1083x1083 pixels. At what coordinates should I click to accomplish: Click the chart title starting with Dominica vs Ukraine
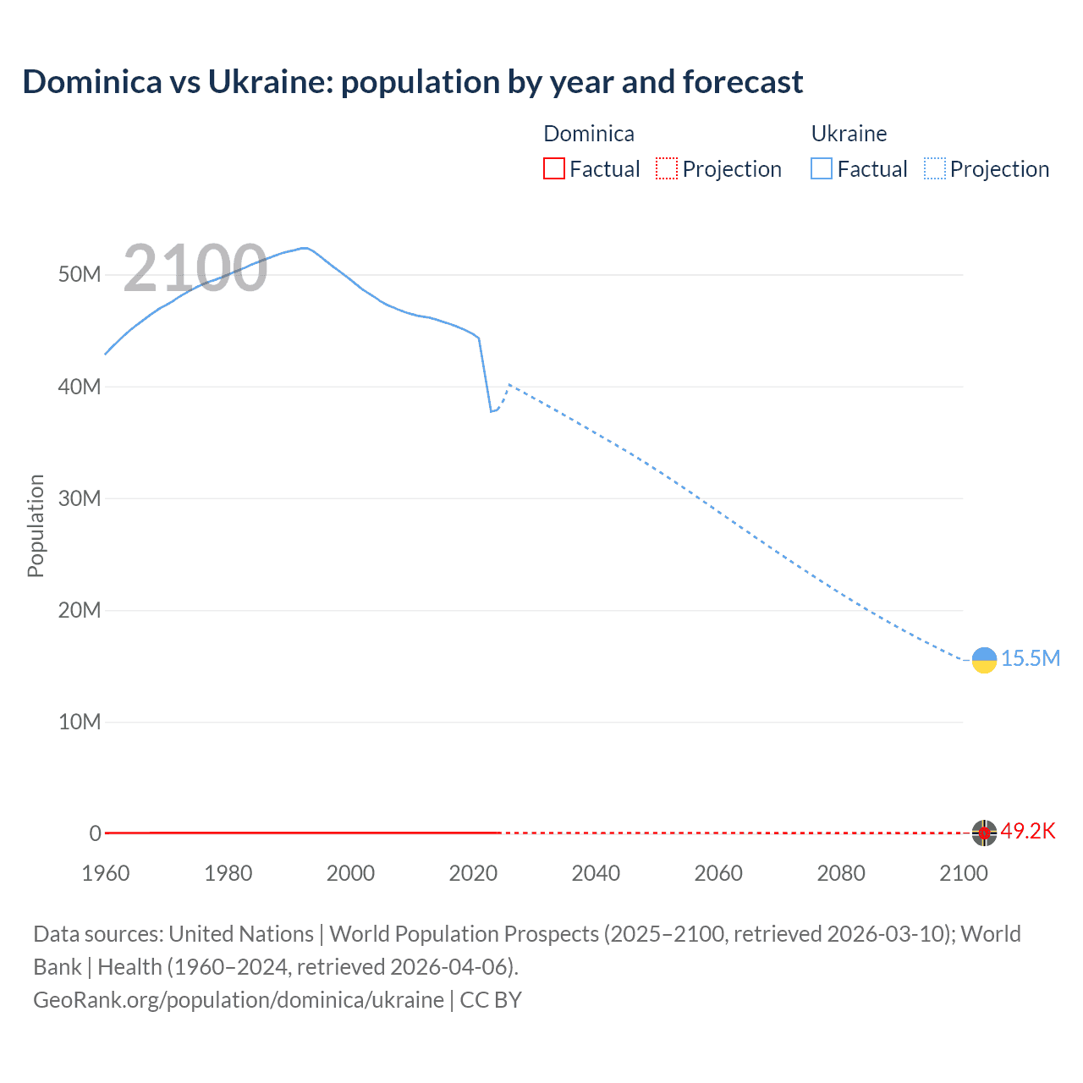point(412,82)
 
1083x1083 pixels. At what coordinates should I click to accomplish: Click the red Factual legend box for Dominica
point(553,168)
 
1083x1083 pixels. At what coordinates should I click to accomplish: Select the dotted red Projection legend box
point(667,168)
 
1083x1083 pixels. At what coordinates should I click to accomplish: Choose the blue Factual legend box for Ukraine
point(822,168)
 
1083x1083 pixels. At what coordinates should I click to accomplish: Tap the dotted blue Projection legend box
point(935,168)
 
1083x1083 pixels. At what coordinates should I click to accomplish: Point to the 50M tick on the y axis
point(80,275)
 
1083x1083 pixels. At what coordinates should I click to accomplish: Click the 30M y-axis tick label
point(80,498)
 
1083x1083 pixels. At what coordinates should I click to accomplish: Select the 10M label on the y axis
point(80,722)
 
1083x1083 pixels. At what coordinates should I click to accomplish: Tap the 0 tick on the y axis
point(95,833)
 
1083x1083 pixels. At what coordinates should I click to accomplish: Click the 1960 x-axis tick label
point(106,873)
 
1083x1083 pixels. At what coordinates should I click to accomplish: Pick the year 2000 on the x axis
point(350,873)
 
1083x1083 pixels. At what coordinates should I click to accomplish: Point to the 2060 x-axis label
point(718,873)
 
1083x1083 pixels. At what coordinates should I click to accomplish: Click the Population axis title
point(36,525)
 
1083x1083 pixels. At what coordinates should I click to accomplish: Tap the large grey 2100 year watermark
point(195,268)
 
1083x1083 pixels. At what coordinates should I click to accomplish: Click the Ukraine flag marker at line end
point(984,660)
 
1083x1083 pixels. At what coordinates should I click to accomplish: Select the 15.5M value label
point(1030,658)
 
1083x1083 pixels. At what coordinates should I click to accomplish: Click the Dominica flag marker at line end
point(984,833)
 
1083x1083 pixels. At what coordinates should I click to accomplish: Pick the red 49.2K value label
point(1028,831)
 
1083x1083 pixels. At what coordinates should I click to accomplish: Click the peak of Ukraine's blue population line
point(305,248)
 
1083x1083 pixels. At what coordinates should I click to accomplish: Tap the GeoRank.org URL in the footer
point(238,999)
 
